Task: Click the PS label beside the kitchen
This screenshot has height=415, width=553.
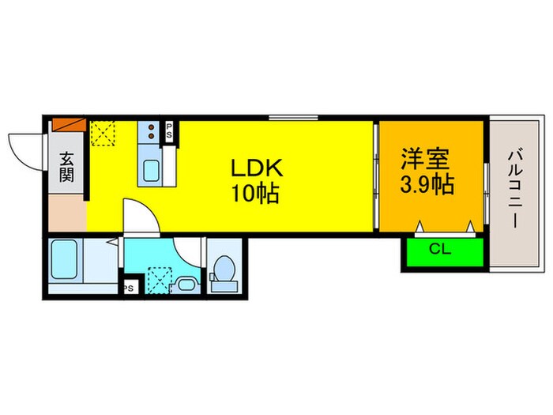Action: click(168, 131)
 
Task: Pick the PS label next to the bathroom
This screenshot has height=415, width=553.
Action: click(128, 289)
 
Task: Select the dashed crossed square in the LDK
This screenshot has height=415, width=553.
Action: click(103, 133)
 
